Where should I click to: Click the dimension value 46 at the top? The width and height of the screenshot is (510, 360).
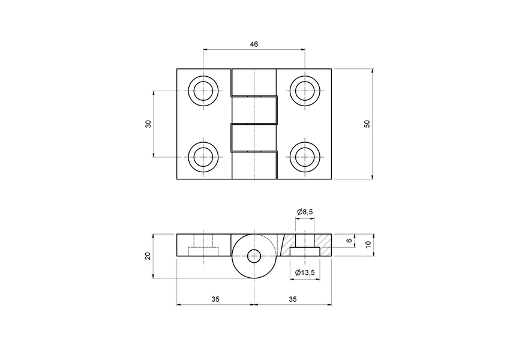(x=254, y=44)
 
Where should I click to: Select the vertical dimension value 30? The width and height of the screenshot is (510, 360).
(x=148, y=124)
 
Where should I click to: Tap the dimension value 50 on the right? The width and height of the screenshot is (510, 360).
(x=367, y=124)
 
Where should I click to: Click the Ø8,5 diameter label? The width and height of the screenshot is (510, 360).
(x=305, y=212)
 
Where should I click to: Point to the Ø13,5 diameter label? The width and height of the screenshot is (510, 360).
(x=305, y=273)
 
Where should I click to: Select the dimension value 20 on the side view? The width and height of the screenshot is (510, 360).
(x=148, y=256)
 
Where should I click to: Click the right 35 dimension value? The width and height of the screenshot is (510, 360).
(x=292, y=298)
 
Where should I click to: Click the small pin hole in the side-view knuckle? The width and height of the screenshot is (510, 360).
(x=254, y=256)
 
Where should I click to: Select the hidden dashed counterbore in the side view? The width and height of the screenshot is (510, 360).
(x=203, y=251)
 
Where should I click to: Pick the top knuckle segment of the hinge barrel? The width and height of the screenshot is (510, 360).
(x=254, y=82)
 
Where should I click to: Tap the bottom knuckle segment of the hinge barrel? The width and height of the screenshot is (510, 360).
(x=254, y=166)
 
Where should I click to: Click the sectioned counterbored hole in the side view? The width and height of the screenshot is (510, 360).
(x=305, y=245)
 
